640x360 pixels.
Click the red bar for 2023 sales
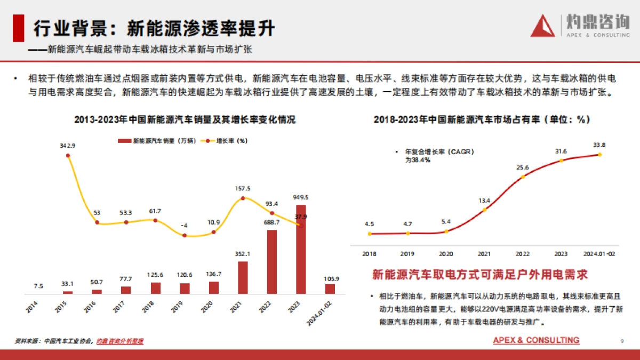301,249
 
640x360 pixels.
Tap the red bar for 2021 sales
243,277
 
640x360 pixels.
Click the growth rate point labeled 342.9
68,156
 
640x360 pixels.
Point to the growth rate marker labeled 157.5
243,198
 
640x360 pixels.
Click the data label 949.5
301,197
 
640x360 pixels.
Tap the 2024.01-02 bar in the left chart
330,289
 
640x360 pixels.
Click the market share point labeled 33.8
599,155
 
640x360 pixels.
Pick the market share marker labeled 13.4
485,210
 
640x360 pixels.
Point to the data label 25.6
523,167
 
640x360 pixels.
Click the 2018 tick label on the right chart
369,254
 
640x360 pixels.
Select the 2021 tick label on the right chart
484,254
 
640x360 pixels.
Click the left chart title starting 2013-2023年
185,120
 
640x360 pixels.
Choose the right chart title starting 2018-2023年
482,120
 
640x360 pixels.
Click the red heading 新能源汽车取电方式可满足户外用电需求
479,275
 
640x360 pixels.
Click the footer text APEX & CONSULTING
536,340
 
